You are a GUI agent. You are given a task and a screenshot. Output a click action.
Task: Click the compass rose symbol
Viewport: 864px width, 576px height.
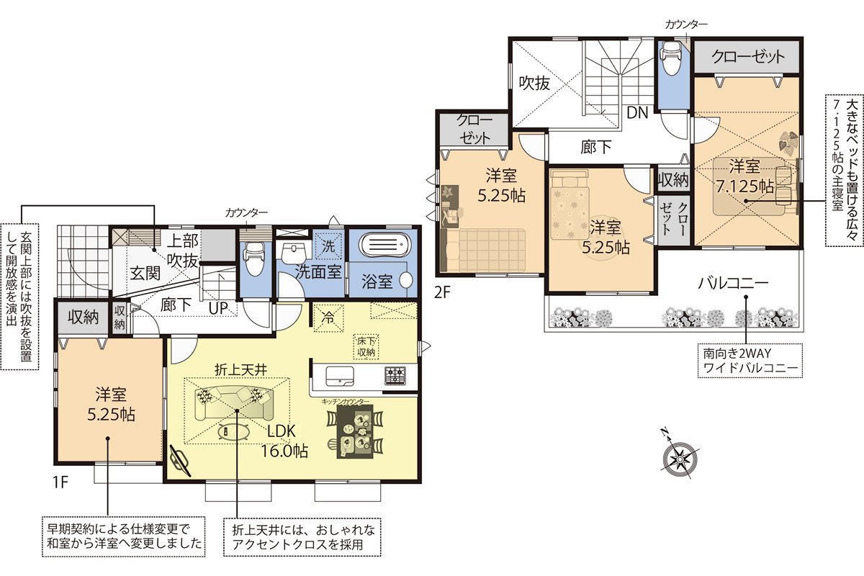click(x=680, y=459)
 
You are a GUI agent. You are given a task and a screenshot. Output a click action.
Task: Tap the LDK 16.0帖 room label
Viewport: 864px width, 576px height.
click(x=284, y=441)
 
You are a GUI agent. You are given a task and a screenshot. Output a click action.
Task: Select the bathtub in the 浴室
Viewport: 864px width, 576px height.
click(x=385, y=245)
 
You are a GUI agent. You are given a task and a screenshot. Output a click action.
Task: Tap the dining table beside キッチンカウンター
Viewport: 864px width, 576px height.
click(x=355, y=431)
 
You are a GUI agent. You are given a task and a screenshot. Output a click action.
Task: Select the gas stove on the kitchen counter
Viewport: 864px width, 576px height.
click(x=395, y=376)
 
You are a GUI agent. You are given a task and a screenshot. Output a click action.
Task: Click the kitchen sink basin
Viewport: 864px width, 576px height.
click(x=340, y=376)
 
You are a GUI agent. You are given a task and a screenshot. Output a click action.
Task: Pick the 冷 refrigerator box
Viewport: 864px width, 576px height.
click(x=328, y=318)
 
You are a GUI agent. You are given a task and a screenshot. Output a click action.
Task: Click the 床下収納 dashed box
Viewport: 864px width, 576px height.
click(x=366, y=347)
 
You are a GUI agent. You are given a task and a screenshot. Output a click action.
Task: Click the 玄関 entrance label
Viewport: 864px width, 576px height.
click(x=145, y=273)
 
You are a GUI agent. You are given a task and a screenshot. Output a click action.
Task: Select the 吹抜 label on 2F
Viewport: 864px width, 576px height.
click(x=534, y=83)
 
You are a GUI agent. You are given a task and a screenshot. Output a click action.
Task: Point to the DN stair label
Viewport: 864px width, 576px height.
click(x=637, y=112)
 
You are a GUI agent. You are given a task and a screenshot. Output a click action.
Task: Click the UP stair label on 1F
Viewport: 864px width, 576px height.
click(x=219, y=308)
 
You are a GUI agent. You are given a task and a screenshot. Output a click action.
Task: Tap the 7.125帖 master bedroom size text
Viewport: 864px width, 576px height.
click(x=745, y=186)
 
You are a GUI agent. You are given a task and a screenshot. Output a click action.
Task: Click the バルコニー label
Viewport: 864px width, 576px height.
click(x=733, y=284)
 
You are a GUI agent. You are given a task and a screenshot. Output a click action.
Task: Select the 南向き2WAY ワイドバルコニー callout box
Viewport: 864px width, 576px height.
click(x=750, y=361)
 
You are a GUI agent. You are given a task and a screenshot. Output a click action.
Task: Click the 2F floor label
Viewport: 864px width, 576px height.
click(x=442, y=292)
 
